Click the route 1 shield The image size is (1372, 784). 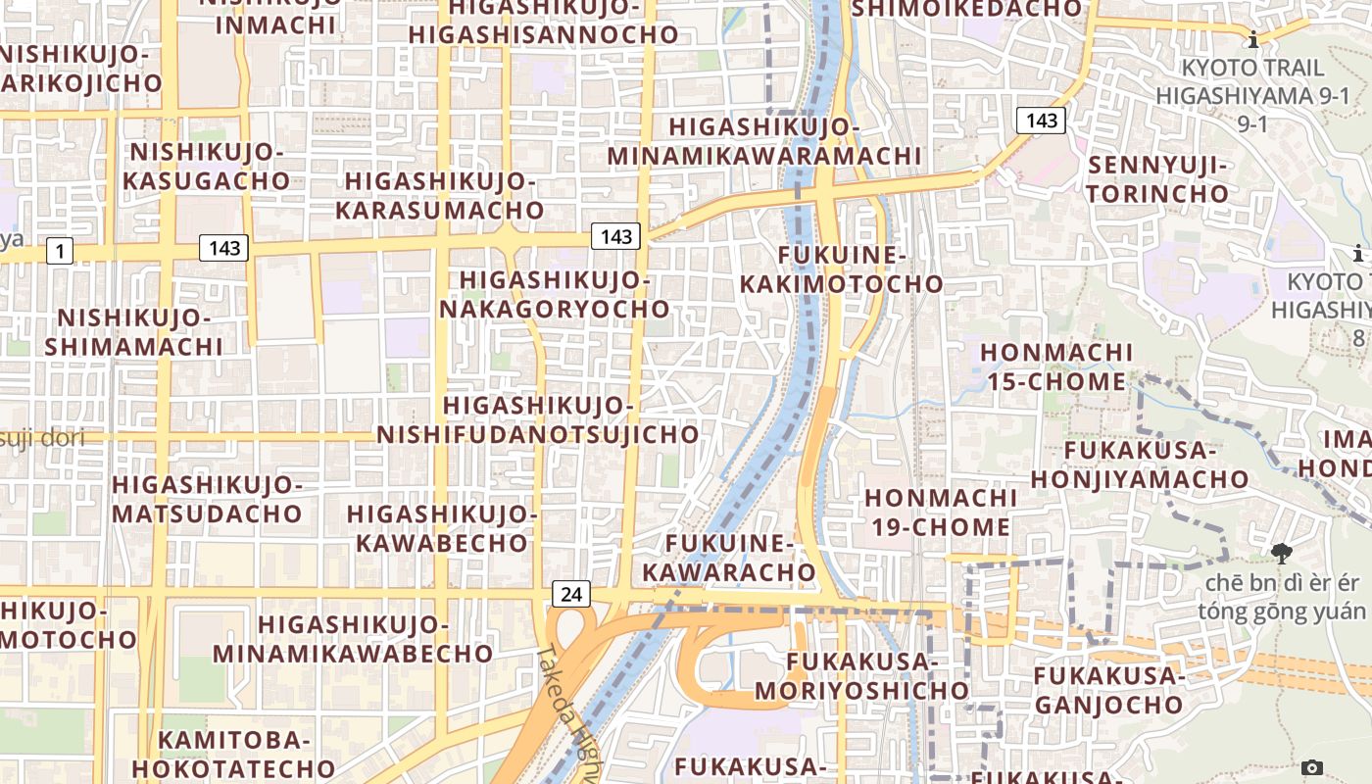click(60, 252)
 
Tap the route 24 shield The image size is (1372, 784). click(571, 593)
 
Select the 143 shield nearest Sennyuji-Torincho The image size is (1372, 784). click(1041, 121)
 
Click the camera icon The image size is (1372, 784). click(1312, 767)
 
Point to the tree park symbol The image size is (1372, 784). click(1281, 554)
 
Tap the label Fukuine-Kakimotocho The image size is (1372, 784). click(841, 269)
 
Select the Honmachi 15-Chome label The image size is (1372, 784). click(1056, 367)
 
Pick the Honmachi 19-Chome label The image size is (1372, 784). click(940, 513)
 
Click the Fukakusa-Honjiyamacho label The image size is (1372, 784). click(1139, 465)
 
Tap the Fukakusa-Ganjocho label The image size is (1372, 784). click(1109, 690)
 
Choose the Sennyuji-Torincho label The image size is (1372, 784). click(1156, 179)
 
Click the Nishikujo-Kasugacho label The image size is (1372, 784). click(206, 167)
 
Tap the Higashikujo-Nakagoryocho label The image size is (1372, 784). click(555, 295)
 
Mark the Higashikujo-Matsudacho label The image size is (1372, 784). click(207, 499)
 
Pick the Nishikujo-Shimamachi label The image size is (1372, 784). click(134, 332)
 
